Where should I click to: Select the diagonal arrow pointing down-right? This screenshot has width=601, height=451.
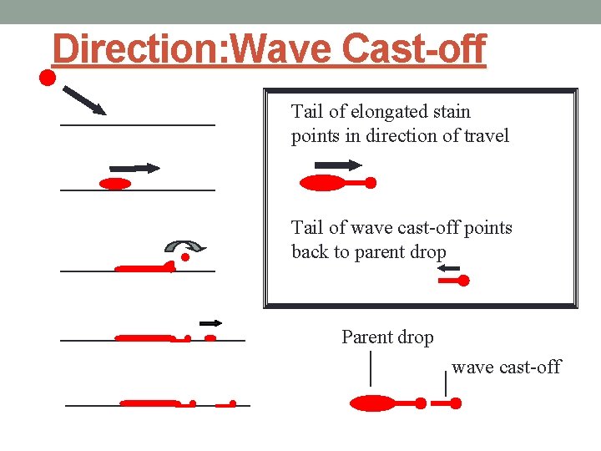point(84,99)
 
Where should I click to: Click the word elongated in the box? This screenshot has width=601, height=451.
point(395,112)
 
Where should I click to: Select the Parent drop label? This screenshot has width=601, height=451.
point(387,337)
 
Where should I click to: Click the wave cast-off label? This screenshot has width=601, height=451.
point(506,367)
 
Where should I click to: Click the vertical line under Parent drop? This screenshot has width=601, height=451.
point(371,370)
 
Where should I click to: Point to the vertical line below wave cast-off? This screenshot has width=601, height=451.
point(446,384)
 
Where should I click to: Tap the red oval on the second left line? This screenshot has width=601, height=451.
point(115,184)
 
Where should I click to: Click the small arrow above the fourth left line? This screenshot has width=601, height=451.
point(210,322)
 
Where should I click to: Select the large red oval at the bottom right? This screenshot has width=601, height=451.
point(371,403)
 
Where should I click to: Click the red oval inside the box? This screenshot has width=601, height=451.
point(321,183)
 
